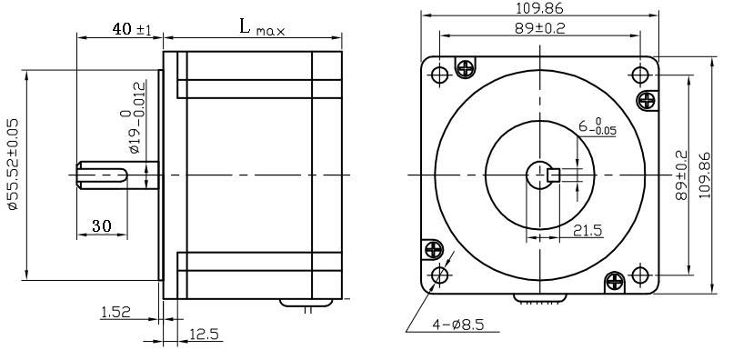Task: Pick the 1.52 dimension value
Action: click(115, 312)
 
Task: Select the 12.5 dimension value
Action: click(205, 335)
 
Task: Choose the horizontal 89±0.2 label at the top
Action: click(539, 27)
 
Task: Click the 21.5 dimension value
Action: click(587, 232)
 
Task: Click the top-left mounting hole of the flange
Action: click(440, 73)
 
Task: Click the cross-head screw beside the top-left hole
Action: click(467, 67)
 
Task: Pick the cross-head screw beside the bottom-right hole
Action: click(617, 282)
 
